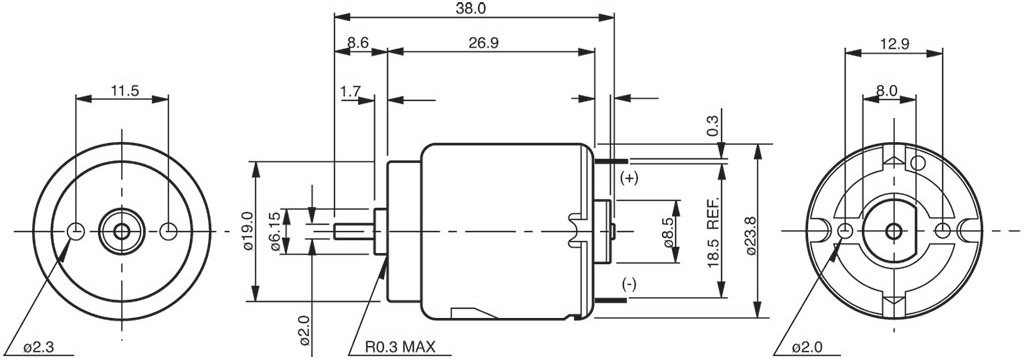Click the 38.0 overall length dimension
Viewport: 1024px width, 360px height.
pos(473,8)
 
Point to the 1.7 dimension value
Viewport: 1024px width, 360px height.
pos(351,91)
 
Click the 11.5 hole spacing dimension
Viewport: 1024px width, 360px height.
pos(124,91)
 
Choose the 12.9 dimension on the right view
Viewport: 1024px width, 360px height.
pos(894,44)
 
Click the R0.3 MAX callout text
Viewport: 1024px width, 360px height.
pos(400,346)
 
